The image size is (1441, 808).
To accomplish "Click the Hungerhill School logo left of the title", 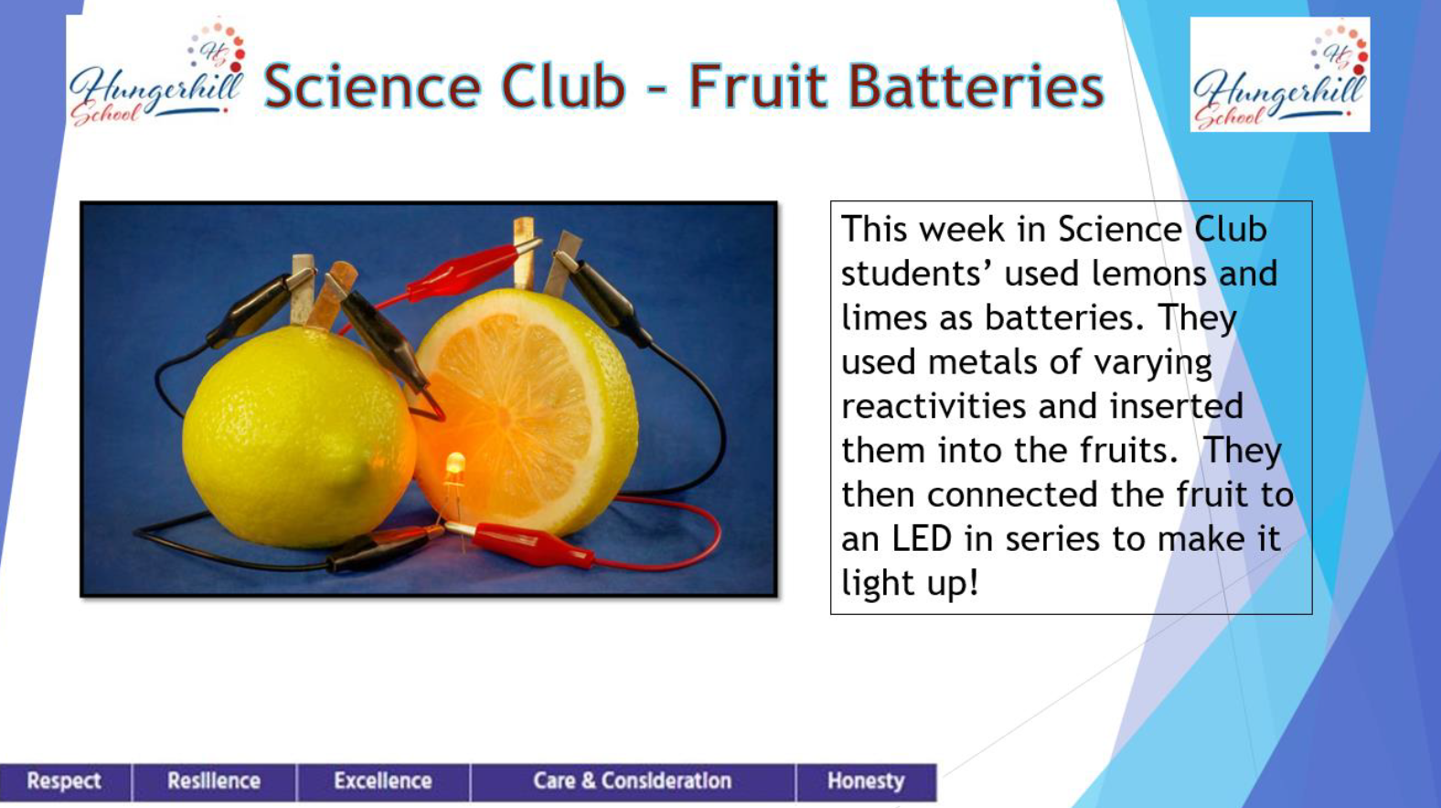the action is [157, 74].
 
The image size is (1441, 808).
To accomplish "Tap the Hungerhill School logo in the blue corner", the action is [1279, 75].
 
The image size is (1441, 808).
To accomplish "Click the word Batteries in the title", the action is [896, 86].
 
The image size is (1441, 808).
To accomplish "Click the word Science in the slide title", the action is [373, 86].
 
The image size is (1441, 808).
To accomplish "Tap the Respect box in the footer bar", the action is [65, 781].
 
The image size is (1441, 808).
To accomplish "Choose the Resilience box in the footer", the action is [214, 781].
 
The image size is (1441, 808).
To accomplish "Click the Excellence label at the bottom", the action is [383, 781].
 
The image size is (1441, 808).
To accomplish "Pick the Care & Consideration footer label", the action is [633, 781].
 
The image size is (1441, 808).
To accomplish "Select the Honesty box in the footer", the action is [867, 781].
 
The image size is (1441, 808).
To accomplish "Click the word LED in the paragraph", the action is [922, 539].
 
